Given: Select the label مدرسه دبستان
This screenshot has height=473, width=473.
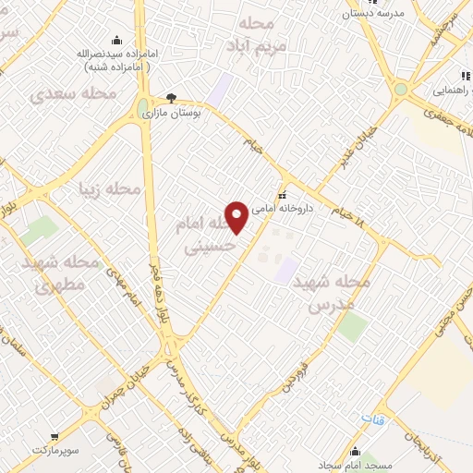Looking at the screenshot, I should (371, 13).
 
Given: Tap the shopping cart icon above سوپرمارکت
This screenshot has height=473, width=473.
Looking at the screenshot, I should (57, 433).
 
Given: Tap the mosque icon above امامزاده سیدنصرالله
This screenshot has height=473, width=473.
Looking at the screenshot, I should (116, 39).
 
